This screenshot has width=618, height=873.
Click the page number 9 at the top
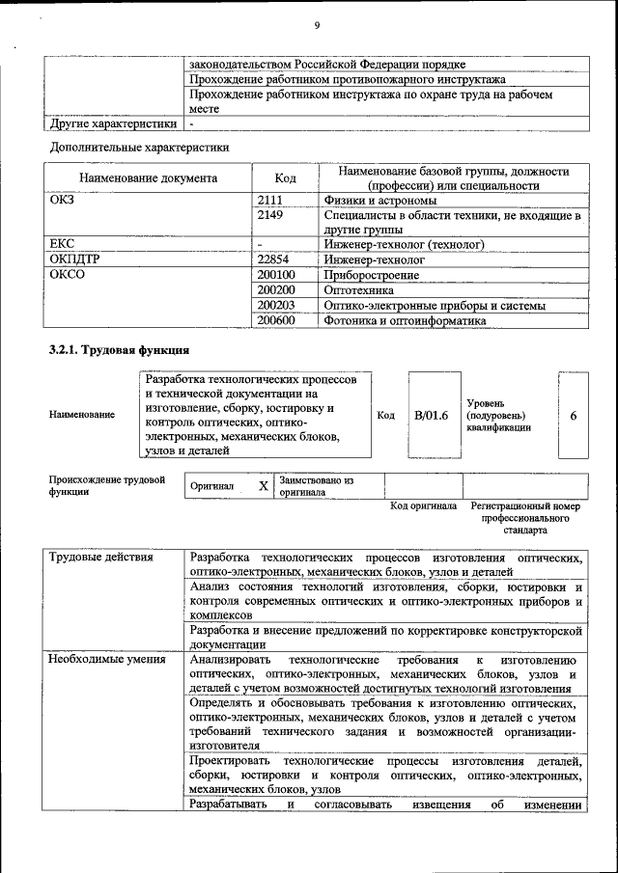coord(316,25)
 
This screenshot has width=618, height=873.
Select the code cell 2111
coord(271,200)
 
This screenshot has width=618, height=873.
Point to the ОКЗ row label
coord(62,200)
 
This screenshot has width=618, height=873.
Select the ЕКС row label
coord(62,245)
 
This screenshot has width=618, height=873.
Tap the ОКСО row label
coord(67,275)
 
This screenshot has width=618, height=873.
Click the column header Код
coord(285,178)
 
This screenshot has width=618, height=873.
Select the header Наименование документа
coord(148,178)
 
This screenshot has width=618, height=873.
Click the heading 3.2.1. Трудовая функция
coord(118,349)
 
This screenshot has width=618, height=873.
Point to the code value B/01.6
coord(431,415)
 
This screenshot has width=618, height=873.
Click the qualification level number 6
coord(574,415)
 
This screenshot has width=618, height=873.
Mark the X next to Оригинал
coord(263,485)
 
